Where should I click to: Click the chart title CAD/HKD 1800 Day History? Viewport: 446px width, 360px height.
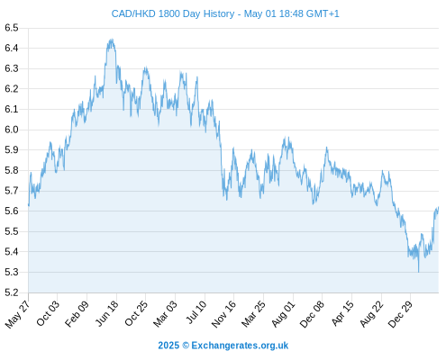click(x=173, y=13)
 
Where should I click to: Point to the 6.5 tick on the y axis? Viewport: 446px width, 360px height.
click(x=12, y=28)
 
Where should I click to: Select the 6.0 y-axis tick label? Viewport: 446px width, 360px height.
click(x=12, y=130)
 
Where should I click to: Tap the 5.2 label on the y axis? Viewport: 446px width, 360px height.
click(x=12, y=292)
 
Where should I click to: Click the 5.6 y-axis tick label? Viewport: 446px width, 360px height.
click(x=12, y=211)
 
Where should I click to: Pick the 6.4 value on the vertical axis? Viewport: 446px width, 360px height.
click(x=12, y=48)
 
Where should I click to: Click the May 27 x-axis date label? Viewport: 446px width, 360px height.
click(x=18, y=314)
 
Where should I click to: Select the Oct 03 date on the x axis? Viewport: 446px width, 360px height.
click(x=48, y=313)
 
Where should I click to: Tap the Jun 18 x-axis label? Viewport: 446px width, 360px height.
click(x=107, y=313)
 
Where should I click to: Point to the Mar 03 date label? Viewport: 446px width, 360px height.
click(x=166, y=314)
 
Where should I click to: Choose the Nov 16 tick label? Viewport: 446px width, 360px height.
click(x=224, y=314)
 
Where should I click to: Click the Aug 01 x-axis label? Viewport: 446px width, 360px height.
click(x=284, y=314)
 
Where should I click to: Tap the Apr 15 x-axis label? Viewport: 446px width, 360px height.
click(x=342, y=313)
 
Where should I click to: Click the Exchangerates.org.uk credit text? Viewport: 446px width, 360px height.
click(x=240, y=346)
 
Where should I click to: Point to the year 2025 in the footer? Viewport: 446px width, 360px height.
click(x=168, y=346)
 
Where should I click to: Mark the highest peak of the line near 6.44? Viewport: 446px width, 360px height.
click(x=112, y=39)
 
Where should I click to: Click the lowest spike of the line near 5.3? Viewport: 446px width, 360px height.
click(x=418, y=272)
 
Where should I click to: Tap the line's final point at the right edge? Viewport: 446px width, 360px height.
click(x=439, y=207)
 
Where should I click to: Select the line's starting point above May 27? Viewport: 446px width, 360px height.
click(x=29, y=205)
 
